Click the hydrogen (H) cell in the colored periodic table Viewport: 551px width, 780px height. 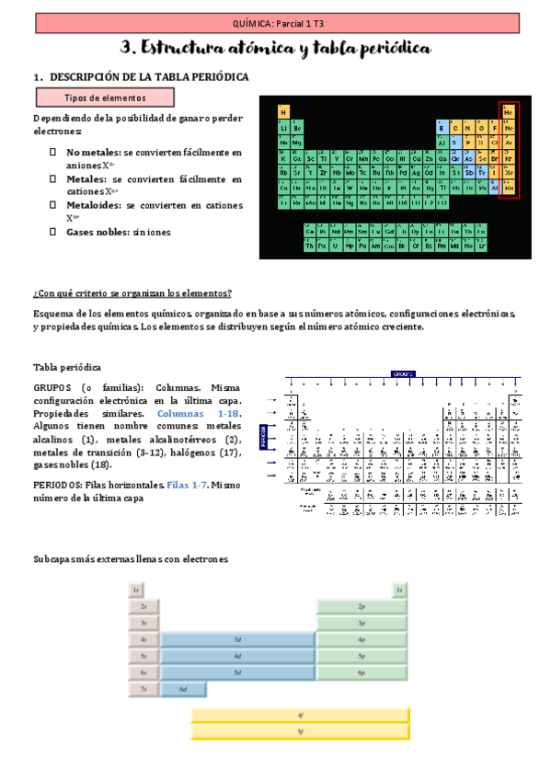[x=283, y=112]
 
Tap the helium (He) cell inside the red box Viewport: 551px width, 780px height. [x=509, y=112]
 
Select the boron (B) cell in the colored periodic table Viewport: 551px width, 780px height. [x=442, y=128]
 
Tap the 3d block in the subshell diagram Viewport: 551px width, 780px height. [x=237, y=639]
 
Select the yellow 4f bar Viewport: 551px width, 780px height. [x=300, y=716]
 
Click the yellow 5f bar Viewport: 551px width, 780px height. [x=300, y=731]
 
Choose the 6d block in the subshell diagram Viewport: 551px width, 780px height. [x=183, y=689]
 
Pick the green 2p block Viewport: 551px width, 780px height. [x=362, y=606]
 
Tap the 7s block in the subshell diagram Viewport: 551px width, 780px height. [x=143, y=689]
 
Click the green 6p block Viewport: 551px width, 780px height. [x=362, y=672]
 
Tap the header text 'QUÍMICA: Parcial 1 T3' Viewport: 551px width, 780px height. [x=275, y=20]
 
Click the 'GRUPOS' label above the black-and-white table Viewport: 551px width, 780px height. [x=403, y=374]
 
